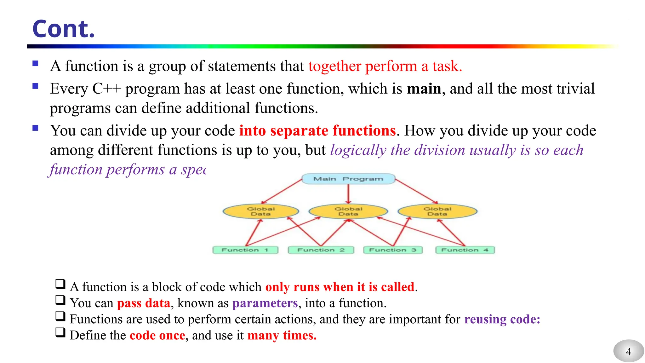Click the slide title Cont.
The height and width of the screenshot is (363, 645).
pyautogui.click(x=63, y=29)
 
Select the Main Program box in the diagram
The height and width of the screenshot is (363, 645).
pyautogui.click(x=348, y=179)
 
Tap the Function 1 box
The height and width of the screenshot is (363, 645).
pyautogui.click(x=245, y=250)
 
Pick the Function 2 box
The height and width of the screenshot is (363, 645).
pyautogui.click(x=321, y=250)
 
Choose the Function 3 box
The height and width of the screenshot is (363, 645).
pyautogui.click(x=393, y=250)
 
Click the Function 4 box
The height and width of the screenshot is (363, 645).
pyautogui.click(x=465, y=250)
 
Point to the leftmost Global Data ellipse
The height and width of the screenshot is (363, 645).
pyautogui.click(x=261, y=211)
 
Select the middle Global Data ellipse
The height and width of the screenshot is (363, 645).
pyautogui.click(x=348, y=211)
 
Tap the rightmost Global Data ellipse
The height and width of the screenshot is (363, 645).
pyautogui.click(x=437, y=211)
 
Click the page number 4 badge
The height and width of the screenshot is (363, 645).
pyautogui.click(x=628, y=351)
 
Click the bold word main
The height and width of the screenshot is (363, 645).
pyautogui.click(x=424, y=89)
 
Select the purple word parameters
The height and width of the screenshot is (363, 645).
pyautogui.click(x=265, y=303)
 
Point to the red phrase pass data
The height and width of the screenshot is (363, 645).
pyautogui.click(x=144, y=303)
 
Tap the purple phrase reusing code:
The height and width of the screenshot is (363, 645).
pyautogui.click(x=502, y=319)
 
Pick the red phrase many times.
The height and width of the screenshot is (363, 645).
pyautogui.click(x=282, y=335)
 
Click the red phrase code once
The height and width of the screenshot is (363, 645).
pyautogui.click(x=157, y=335)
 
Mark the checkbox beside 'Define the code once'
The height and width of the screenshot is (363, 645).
pyautogui.click(x=60, y=332)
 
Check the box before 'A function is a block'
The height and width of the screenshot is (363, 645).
pyautogui.click(x=60, y=284)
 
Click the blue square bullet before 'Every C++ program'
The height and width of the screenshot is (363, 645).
pyautogui.click(x=35, y=86)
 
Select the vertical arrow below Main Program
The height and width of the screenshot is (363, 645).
pyautogui.click(x=348, y=193)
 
